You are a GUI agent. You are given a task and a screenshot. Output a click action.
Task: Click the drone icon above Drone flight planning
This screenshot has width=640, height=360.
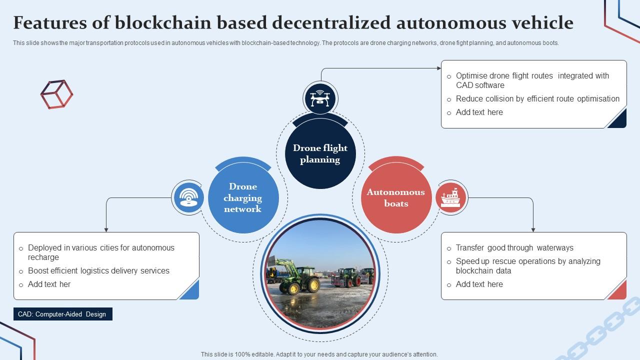click(320, 97)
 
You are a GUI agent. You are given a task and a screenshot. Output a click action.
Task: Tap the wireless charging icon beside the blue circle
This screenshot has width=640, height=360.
click(188, 197)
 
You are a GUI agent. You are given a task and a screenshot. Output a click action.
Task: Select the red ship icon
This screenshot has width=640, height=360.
click(450, 197)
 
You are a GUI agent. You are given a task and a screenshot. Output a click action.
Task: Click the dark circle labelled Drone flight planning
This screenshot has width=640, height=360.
click(320, 153)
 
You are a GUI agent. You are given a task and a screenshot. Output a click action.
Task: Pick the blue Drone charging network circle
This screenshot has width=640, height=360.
click(243, 198)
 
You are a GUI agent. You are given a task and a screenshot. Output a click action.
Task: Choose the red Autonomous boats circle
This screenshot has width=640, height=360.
click(396, 198)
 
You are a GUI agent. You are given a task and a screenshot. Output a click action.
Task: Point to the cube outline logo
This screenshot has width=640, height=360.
click(56, 94)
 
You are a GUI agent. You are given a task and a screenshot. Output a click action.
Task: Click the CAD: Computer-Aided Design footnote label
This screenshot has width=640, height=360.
click(62, 314)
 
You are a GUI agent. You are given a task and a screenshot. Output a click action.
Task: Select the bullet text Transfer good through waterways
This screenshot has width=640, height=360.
click(514, 248)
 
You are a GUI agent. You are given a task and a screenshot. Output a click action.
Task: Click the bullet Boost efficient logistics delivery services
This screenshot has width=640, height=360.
click(98, 271)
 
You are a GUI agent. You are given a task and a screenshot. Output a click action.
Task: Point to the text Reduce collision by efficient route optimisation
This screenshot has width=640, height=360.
click(537, 99)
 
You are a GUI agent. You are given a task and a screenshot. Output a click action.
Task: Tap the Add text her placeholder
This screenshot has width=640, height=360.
click(49, 284)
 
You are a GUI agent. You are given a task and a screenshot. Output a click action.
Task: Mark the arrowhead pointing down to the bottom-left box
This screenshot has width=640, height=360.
click(106, 229)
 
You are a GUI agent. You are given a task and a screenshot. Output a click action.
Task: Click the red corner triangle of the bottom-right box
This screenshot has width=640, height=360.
click(619, 291)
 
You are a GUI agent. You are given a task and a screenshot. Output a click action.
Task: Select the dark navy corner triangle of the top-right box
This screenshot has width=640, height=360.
click(619, 120)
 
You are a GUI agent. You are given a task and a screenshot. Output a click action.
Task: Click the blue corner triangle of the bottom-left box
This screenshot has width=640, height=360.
click(191, 291)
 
